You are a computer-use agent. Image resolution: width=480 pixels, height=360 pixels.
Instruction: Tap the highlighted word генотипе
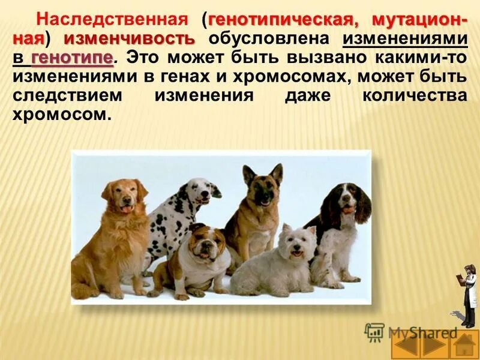click(x=71, y=58)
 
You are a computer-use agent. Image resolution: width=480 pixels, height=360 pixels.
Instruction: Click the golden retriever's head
click(x=125, y=196)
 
